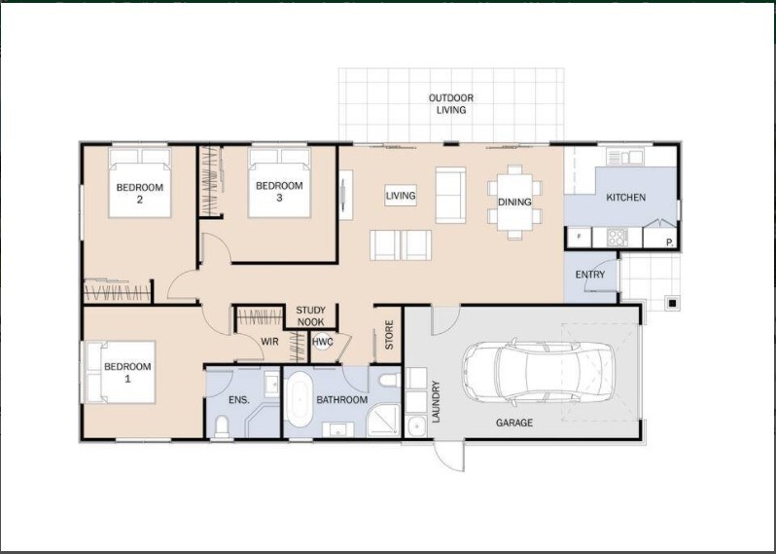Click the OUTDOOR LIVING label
coord(451,104)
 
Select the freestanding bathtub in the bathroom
coord(299,400)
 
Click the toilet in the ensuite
coord(222,426)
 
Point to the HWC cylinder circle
coord(322,342)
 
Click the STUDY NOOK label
coord(310,316)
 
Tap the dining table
coord(514,203)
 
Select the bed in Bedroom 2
coord(140,182)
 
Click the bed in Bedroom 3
coord(279,182)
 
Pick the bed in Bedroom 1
coord(122,372)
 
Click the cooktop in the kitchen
coord(617,238)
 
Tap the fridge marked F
coord(580,237)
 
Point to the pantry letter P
coord(670,242)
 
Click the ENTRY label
coord(590,275)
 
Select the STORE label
coord(389,335)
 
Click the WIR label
coord(269,342)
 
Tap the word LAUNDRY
coord(436,401)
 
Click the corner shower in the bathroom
coord(383,421)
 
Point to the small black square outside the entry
coord(673,302)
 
